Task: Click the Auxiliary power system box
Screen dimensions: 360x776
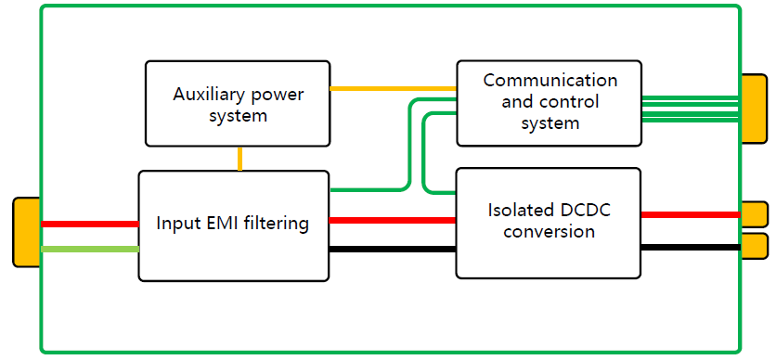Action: (238, 103)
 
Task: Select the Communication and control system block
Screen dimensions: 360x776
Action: (549, 103)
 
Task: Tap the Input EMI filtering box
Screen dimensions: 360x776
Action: (233, 225)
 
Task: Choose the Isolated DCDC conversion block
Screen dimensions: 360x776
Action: (548, 222)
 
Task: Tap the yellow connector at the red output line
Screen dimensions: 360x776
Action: (754, 214)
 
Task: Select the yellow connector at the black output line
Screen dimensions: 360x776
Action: (754, 246)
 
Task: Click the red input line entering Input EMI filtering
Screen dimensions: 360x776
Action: (89, 224)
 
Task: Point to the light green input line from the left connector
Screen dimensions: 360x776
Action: (89, 249)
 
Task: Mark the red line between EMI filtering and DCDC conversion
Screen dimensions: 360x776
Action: (392, 220)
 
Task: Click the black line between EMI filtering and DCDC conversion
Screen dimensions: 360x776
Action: (392, 249)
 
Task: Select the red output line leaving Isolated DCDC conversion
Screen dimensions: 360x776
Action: (690, 214)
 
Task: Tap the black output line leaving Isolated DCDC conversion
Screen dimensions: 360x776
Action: (690, 247)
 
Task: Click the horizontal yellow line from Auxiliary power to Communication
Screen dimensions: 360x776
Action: (393, 89)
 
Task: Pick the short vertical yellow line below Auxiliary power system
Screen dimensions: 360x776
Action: (240, 158)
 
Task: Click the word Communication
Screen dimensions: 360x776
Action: (550, 80)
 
